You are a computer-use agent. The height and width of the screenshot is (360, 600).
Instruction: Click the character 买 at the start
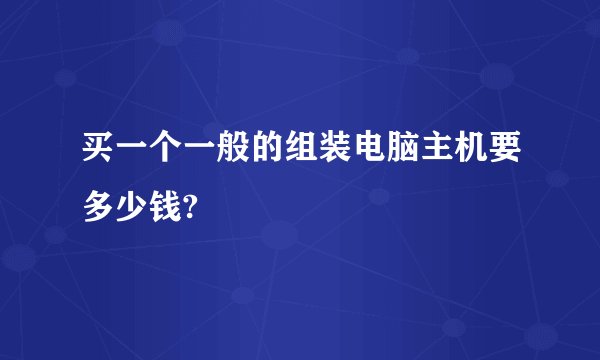99,154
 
